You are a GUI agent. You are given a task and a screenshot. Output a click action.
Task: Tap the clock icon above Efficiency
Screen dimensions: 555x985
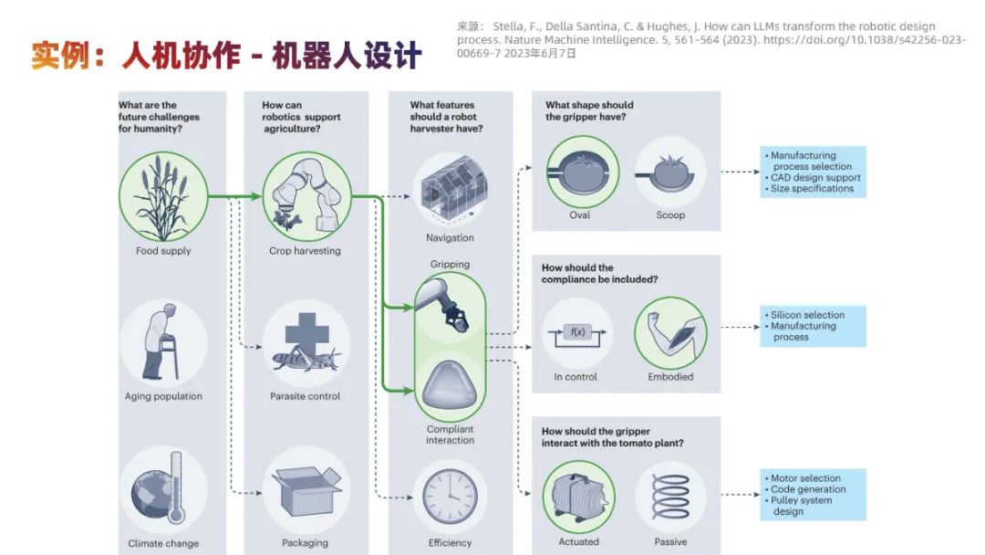(450, 497)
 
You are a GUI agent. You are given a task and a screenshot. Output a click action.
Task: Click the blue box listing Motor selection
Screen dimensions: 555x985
(812, 495)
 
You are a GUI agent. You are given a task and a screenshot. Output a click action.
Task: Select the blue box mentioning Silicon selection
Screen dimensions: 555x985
(812, 326)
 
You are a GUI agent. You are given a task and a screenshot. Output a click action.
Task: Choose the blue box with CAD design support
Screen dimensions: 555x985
(812, 172)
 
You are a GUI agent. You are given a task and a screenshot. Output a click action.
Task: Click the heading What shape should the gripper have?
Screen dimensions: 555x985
(589, 110)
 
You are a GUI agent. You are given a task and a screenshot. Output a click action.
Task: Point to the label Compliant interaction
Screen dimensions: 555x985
(450, 435)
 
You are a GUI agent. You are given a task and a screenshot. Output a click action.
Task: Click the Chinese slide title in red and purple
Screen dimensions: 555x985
(226, 57)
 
